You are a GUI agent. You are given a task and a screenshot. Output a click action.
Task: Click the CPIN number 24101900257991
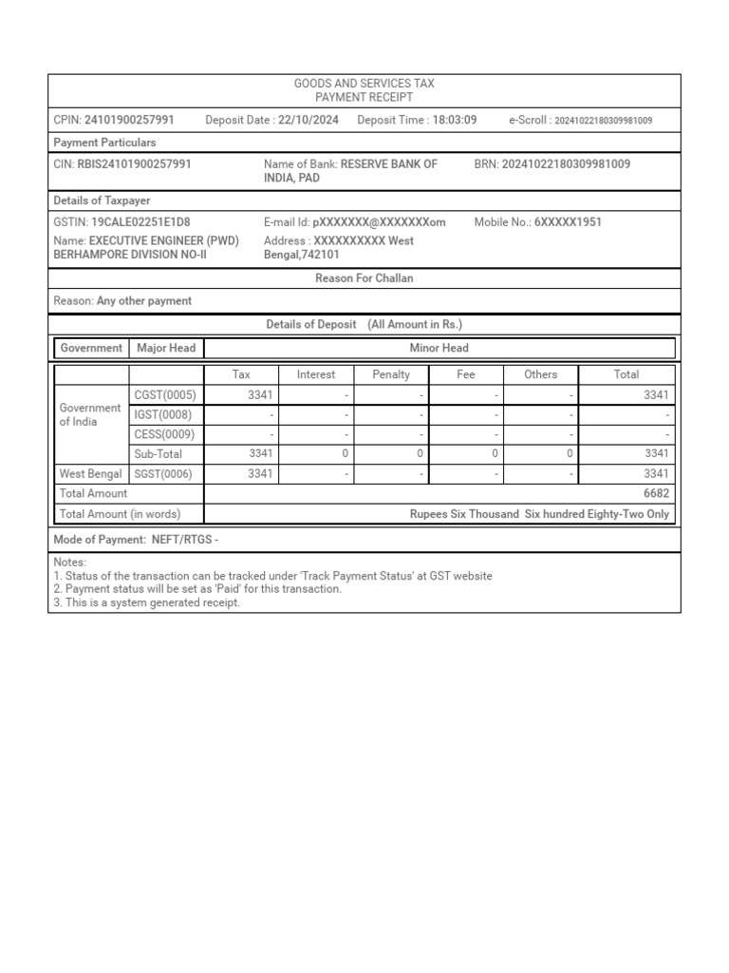tap(129, 120)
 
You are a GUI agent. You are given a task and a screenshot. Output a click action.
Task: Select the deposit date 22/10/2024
tap(308, 120)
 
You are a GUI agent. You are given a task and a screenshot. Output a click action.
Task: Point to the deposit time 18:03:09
tap(455, 120)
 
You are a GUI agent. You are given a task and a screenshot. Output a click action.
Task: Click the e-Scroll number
tap(603, 121)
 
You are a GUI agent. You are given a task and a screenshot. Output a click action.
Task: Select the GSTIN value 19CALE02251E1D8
tap(140, 222)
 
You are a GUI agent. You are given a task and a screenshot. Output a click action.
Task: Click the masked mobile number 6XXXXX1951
tap(568, 222)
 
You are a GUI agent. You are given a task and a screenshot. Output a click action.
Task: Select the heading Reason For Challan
tap(364, 278)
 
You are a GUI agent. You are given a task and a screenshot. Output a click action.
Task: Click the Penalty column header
tap(391, 374)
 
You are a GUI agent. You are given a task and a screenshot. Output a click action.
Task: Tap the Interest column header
tap(316, 374)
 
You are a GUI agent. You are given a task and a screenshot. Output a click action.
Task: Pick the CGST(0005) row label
tap(164, 395)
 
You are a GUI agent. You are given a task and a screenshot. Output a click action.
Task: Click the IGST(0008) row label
tap(164, 415)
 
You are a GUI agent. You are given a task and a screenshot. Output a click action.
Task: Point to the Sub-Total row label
tap(158, 454)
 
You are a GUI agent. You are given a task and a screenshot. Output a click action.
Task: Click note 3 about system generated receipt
tap(147, 602)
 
